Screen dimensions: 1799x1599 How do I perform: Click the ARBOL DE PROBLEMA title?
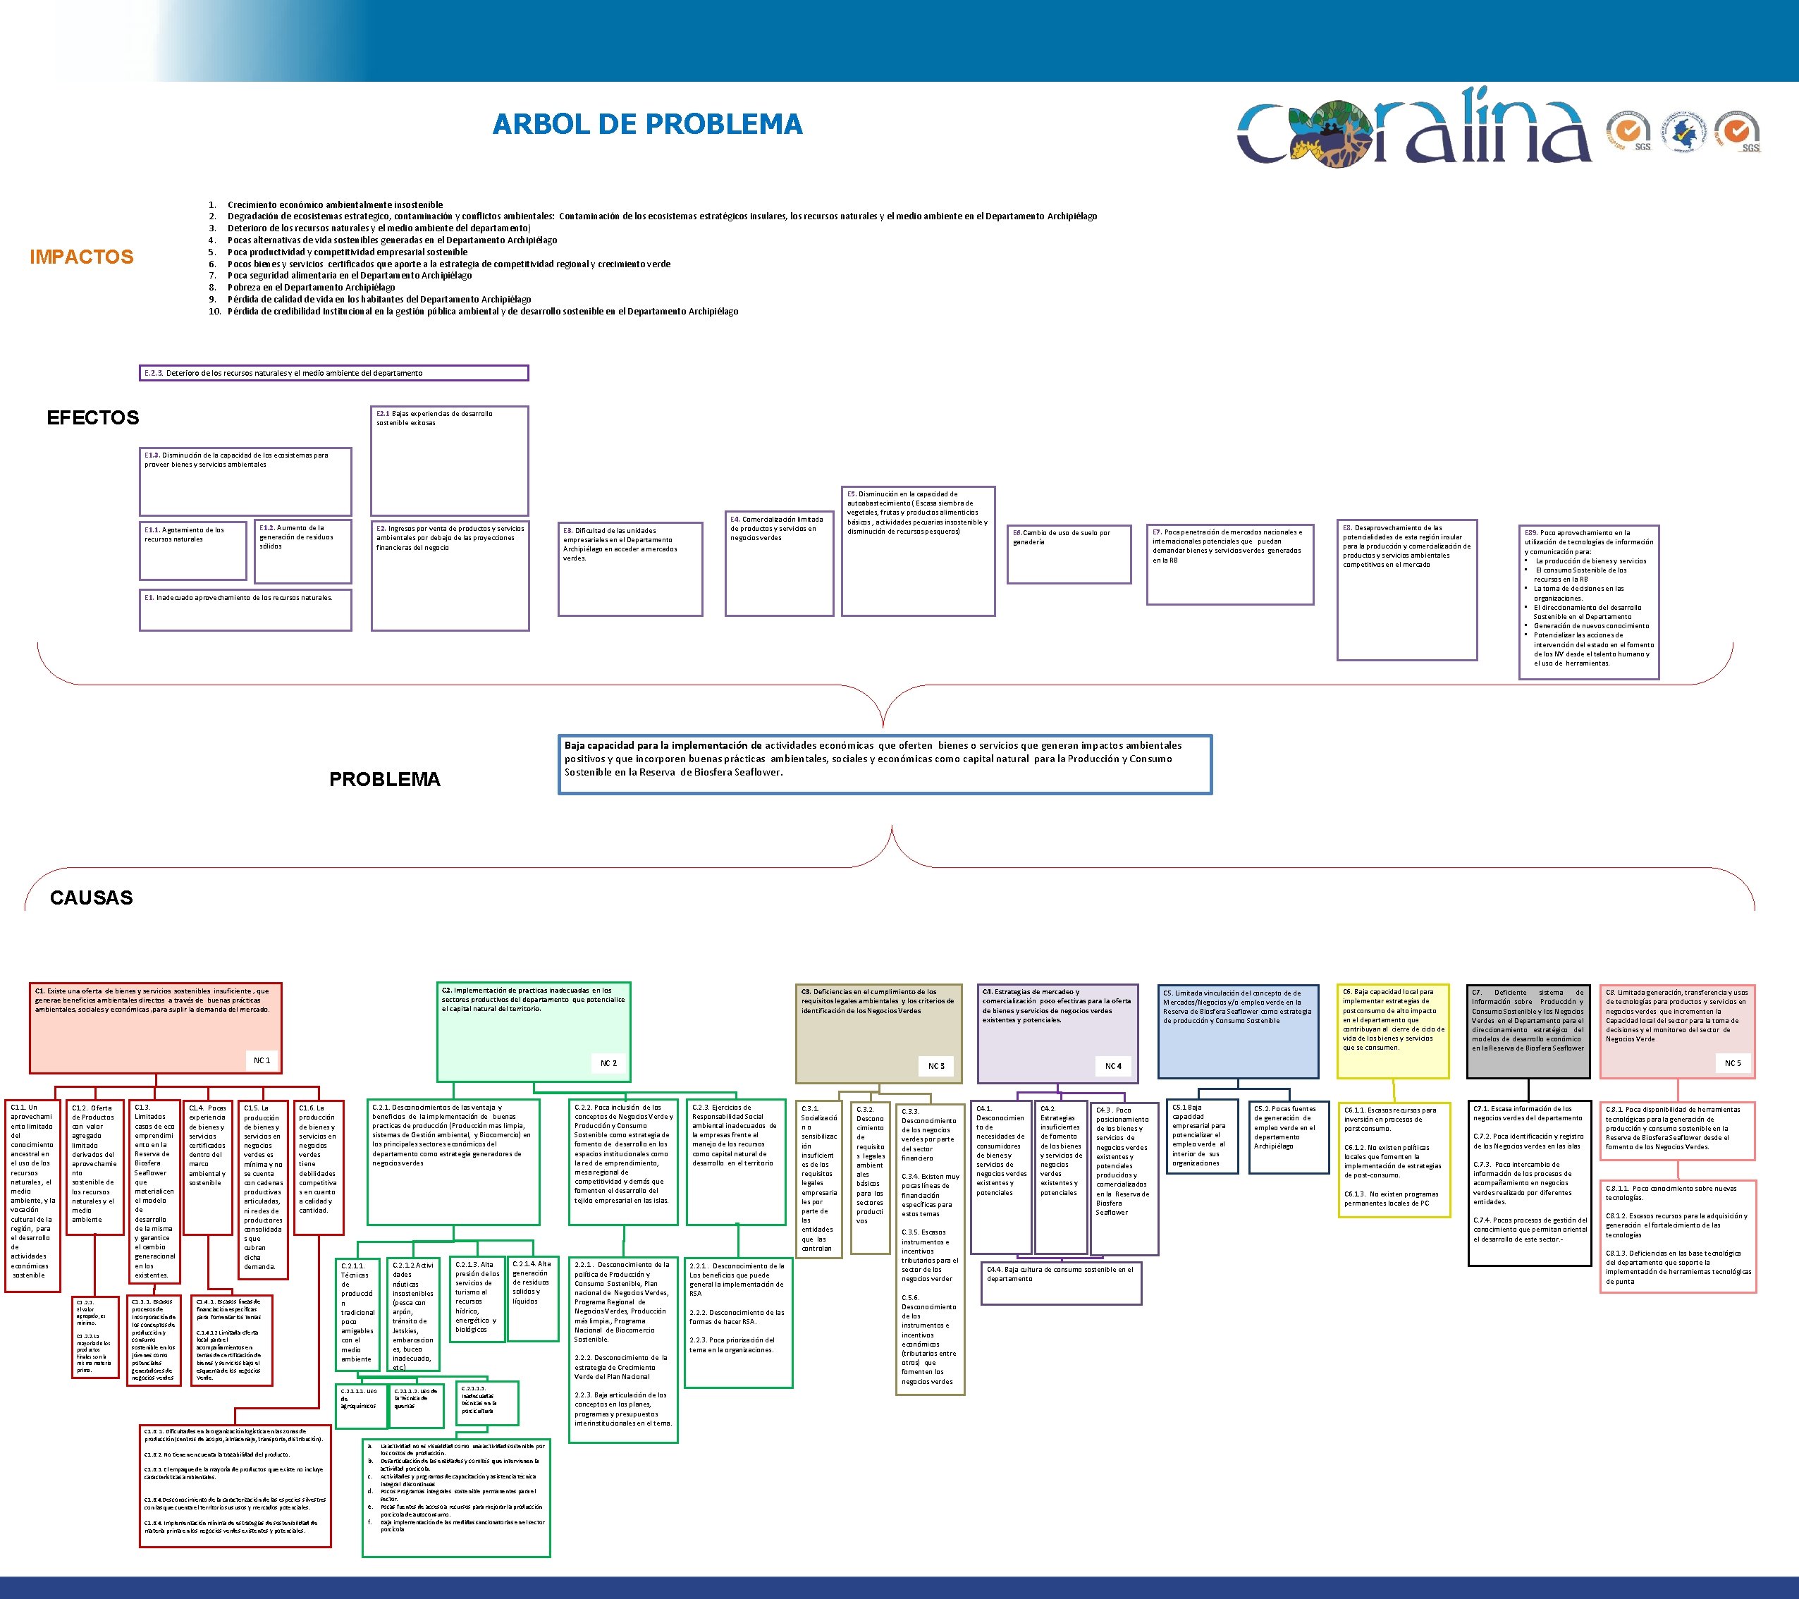pos(647,124)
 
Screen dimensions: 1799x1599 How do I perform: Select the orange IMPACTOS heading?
pos(82,257)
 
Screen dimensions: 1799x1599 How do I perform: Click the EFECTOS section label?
pos(93,418)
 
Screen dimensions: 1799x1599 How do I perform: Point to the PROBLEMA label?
pos(385,779)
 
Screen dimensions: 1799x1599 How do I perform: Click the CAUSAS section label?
pos(92,897)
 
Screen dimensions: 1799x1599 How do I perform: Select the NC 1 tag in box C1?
pos(262,1060)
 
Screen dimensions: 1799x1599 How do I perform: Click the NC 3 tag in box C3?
pos(936,1066)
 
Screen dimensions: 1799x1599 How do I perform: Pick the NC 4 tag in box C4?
pos(1113,1066)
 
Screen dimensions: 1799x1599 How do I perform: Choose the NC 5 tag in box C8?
pos(1732,1063)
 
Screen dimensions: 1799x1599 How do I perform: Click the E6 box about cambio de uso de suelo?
pos(1069,553)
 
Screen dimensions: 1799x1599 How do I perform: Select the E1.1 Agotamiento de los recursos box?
pos(192,551)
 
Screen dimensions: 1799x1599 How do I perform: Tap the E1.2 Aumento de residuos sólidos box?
pos(302,551)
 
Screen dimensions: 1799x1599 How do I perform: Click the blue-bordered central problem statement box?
pos(885,764)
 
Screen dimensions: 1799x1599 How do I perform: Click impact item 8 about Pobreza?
pos(311,287)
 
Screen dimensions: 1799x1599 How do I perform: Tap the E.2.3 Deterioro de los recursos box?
pos(334,373)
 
